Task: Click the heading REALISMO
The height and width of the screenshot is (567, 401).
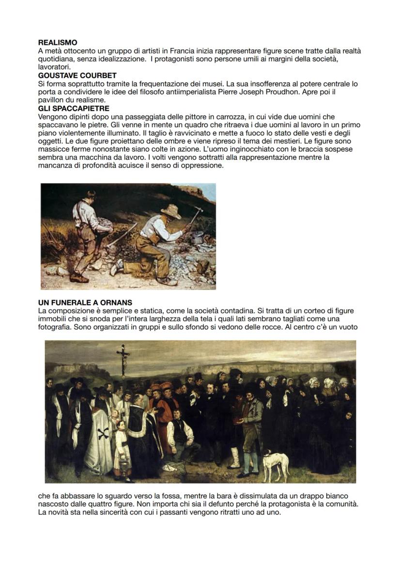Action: [x=57, y=43]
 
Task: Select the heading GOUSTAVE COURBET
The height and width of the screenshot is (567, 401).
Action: [x=77, y=76]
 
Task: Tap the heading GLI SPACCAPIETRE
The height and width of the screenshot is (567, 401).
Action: [x=73, y=108]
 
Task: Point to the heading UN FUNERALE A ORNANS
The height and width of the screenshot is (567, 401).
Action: [x=85, y=303]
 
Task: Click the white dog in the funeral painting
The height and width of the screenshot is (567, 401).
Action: [x=275, y=464]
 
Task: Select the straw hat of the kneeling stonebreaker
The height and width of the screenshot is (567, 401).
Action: [x=170, y=211]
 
